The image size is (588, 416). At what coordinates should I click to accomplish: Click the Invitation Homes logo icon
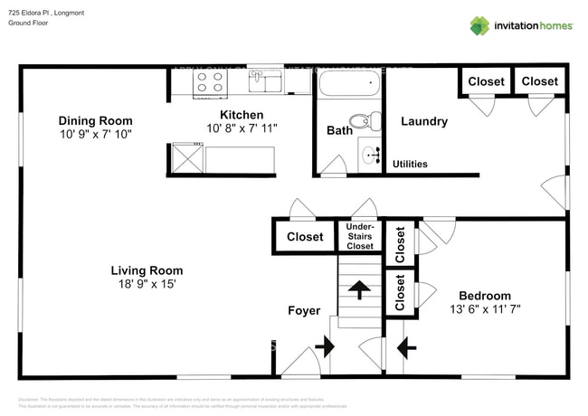479,25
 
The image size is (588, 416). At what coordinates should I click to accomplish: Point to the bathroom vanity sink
372,156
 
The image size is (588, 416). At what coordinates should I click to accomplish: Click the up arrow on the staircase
360,290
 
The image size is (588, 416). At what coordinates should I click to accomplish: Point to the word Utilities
410,164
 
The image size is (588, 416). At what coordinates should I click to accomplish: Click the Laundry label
423,121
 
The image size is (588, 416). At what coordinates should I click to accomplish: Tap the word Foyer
304,310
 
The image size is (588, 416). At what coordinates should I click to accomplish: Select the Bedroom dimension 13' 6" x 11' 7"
484,308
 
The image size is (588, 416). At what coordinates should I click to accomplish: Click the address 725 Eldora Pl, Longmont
47,10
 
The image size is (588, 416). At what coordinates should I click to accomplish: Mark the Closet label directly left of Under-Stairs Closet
305,237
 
